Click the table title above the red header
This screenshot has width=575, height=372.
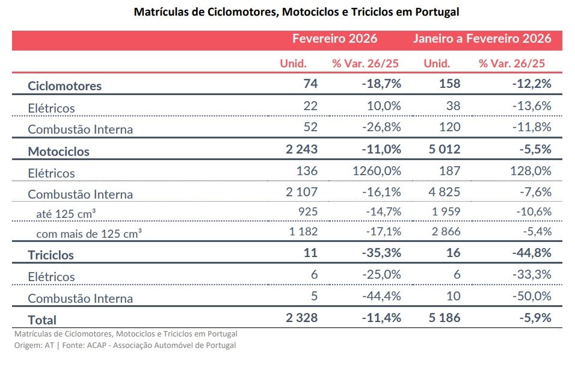[x=297, y=12]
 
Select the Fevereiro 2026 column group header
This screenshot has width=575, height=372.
[x=334, y=39]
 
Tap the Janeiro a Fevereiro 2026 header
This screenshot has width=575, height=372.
[x=482, y=39]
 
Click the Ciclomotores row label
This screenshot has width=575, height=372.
[x=64, y=86]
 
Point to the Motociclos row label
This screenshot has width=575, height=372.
[x=59, y=152]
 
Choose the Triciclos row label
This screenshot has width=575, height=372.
[x=51, y=255]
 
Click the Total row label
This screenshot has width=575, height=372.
[x=42, y=320]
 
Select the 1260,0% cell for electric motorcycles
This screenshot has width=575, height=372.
[x=377, y=171]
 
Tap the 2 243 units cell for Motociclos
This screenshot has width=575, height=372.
[x=301, y=149]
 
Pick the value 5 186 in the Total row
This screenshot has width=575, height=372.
[x=444, y=318]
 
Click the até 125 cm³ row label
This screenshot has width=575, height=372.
[x=66, y=214]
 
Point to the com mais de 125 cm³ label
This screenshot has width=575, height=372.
[x=89, y=234]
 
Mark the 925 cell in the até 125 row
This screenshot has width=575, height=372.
[x=308, y=212]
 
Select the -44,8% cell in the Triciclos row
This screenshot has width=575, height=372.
[x=532, y=253]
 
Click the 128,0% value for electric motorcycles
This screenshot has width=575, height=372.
[x=530, y=171]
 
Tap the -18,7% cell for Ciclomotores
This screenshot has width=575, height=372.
[x=381, y=84]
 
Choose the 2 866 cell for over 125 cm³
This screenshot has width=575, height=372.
[x=446, y=232]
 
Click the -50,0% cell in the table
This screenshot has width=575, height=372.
[x=532, y=296]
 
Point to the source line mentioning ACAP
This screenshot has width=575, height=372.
[x=125, y=346]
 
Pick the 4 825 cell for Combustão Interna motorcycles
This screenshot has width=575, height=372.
[x=444, y=192]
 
